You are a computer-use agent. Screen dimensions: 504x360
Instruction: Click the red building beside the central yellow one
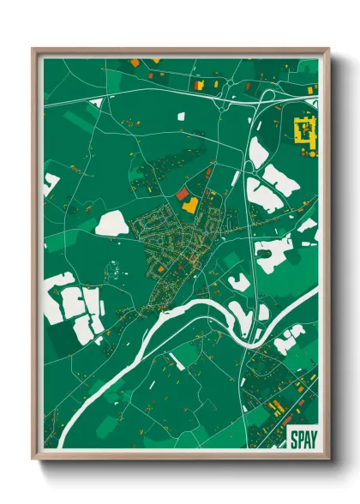coord(182,195)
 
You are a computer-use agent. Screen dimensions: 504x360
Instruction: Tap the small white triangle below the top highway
coord(96,103)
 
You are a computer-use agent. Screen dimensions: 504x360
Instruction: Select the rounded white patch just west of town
coord(112,225)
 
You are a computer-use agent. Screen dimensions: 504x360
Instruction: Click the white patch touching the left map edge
coord(51,182)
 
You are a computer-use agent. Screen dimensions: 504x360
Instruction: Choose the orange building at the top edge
coord(135,62)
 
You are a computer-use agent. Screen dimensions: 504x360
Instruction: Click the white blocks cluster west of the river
coord(73,302)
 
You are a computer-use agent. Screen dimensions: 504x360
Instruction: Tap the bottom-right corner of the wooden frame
coord(327,459)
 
